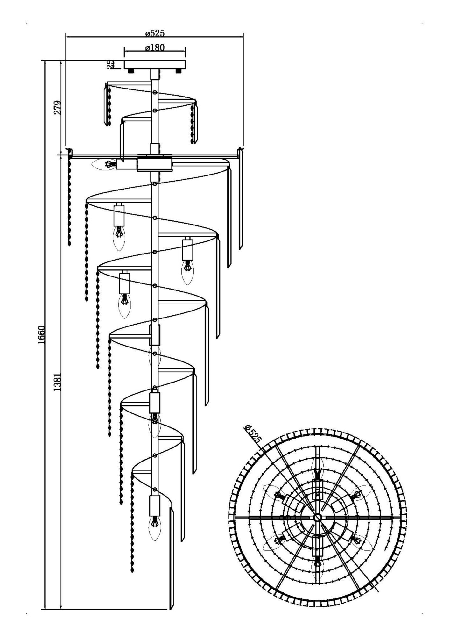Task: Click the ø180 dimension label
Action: coord(155,47)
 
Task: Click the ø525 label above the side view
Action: coord(155,33)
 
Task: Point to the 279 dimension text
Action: coord(57,108)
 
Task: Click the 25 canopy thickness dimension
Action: coord(110,64)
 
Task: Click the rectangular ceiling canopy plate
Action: coord(155,64)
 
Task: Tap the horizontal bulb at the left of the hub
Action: coord(104,164)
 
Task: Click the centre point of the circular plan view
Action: coord(317,517)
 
